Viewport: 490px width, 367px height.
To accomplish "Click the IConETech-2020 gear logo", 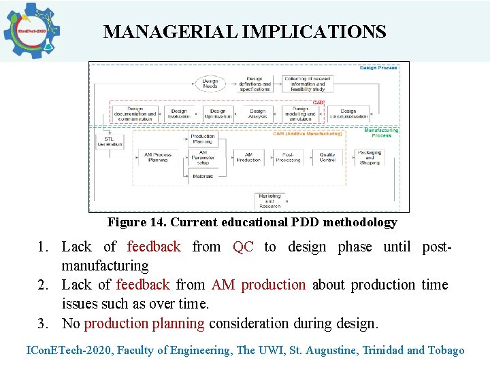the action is (x=31, y=31).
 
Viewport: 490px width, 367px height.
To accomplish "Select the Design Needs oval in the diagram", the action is (x=210, y=83).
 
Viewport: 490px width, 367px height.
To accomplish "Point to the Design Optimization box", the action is (x=218, y=114).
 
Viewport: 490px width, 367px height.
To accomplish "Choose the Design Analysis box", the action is (x=257, y=114).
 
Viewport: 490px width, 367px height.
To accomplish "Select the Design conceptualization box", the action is (x=348, y=114).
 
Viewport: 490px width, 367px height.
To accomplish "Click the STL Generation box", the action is (x=110, y=141).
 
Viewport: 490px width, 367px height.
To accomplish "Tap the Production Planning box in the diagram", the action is (x=203, y=139).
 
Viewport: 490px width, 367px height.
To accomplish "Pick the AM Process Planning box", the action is (x=157, y=157).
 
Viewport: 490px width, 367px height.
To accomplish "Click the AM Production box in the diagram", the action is (x=248, y=157).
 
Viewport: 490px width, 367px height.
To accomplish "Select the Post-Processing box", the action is (x=289, y=157).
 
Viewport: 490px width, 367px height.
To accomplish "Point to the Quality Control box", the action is (x=327, y=157).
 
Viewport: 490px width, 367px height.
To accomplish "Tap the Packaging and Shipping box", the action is (x=370, y=157).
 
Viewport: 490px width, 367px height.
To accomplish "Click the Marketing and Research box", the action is (x=269, y=201).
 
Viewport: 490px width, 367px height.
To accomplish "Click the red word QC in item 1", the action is (x=243, y=247).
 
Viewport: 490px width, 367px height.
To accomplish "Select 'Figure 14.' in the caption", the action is (x=137, y=222).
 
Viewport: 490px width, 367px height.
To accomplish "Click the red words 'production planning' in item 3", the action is (x=144, y=324).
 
